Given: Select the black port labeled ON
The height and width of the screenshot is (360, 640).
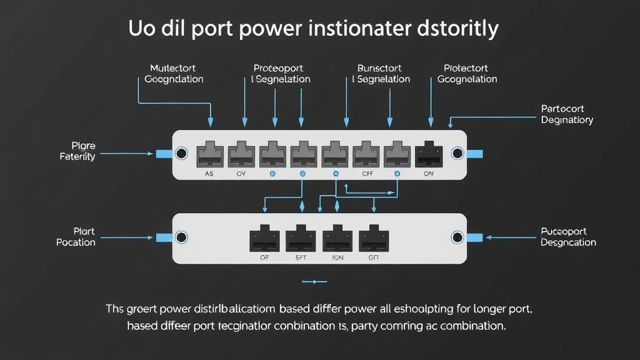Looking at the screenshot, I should (429, 154).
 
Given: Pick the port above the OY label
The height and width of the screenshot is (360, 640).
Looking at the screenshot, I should (241, 154).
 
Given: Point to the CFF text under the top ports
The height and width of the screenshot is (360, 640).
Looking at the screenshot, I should (367, 174).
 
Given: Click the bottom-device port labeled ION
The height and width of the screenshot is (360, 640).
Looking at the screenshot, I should (337, 237).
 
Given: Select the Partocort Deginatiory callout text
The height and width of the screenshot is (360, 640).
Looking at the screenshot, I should (567, 114).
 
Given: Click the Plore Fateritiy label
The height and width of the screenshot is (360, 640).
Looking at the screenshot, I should (78, 151).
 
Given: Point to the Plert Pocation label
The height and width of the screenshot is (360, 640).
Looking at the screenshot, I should (76, 237).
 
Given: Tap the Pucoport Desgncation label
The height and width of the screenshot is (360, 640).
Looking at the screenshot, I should (568, 237).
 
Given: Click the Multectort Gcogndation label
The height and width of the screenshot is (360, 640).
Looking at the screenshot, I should (174, 74).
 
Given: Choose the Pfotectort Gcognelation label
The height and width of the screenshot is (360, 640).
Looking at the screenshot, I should (467, 74).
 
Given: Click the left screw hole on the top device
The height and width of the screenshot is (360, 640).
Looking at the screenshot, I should (181, 153).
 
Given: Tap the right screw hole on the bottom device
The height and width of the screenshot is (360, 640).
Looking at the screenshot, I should (457, 237).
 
